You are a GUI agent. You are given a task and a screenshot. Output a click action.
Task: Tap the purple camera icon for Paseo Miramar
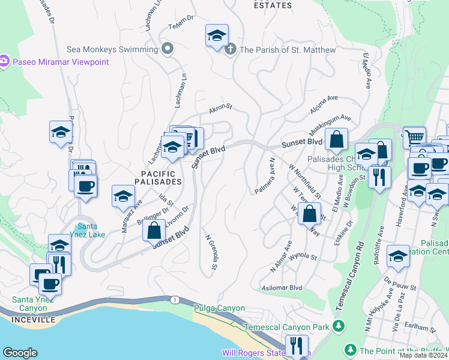4,61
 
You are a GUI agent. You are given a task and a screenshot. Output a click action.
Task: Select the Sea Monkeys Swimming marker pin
167,48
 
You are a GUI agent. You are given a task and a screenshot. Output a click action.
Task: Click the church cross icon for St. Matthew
229,50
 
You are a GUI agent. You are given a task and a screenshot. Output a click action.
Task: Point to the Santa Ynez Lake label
88,230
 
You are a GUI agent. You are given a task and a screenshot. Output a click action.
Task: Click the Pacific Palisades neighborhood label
158,177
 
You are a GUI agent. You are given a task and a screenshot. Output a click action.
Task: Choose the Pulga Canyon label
219,308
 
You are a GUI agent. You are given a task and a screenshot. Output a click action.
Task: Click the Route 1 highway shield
175,299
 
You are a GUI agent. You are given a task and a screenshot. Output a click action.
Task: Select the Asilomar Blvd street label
282,287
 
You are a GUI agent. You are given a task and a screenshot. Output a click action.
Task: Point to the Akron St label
220,109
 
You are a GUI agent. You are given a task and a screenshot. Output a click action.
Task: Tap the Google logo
20,353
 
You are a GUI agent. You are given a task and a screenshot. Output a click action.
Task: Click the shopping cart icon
414,137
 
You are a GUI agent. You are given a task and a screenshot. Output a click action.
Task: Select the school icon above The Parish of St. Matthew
217,35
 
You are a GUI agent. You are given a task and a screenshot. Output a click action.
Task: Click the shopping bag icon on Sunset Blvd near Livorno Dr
154,230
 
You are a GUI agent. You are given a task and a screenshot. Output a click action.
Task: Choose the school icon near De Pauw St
398,256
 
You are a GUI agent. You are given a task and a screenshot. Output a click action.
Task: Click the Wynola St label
303,257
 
